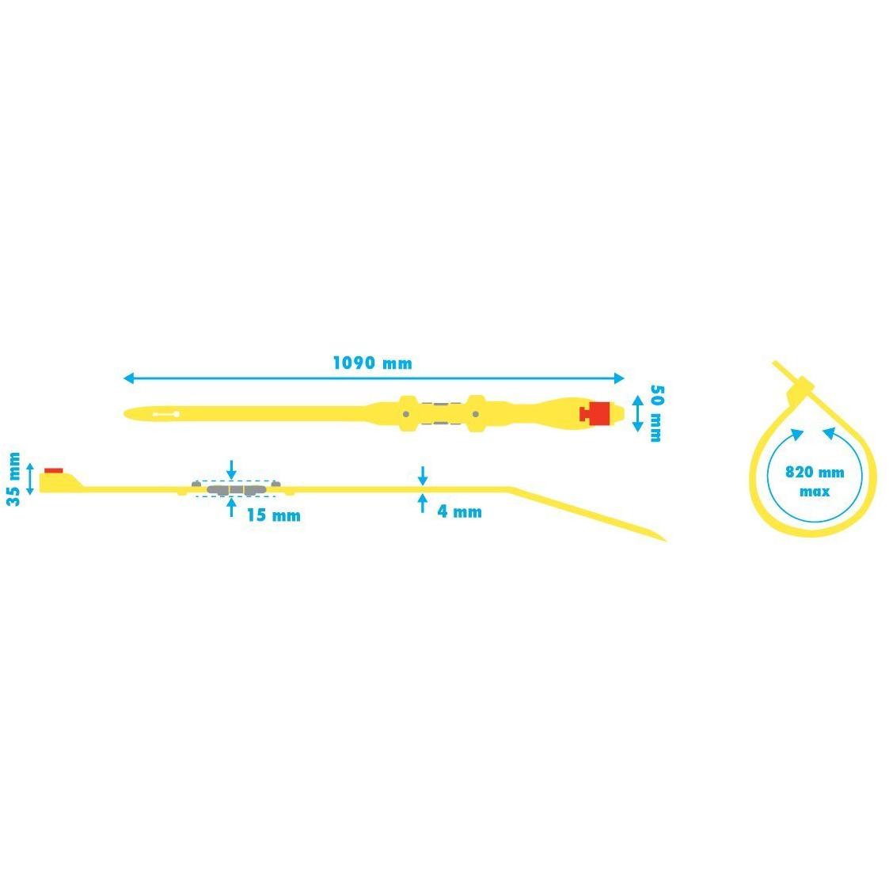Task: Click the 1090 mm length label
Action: [x=373, y=363]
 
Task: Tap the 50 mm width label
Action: [x=656, y=413]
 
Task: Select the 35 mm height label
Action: [x=13, y=479]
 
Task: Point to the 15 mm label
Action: [x=273, y=515]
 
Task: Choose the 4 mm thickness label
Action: [x=459, y=512]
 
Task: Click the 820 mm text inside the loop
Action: [x=815, y=473]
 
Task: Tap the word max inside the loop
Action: [x=815, y=492]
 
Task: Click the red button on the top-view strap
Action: [x=595, y=414]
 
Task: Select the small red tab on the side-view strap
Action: [x=54, y=470]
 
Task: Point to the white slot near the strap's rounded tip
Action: [x=166, y=415]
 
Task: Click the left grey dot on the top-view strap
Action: [x=406, y=415]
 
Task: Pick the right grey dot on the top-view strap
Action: [x=476, y=415]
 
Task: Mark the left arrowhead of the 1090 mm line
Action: [x=128, y=378]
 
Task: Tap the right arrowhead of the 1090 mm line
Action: [x=619, y=378]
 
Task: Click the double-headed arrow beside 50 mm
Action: [x=638, y=414]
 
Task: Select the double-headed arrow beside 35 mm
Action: [x=31, y=479]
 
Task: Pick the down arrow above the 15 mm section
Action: [x=231, y=470]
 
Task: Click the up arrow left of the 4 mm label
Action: [x=423, y=503]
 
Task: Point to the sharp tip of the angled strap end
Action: [x=666, y=541]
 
